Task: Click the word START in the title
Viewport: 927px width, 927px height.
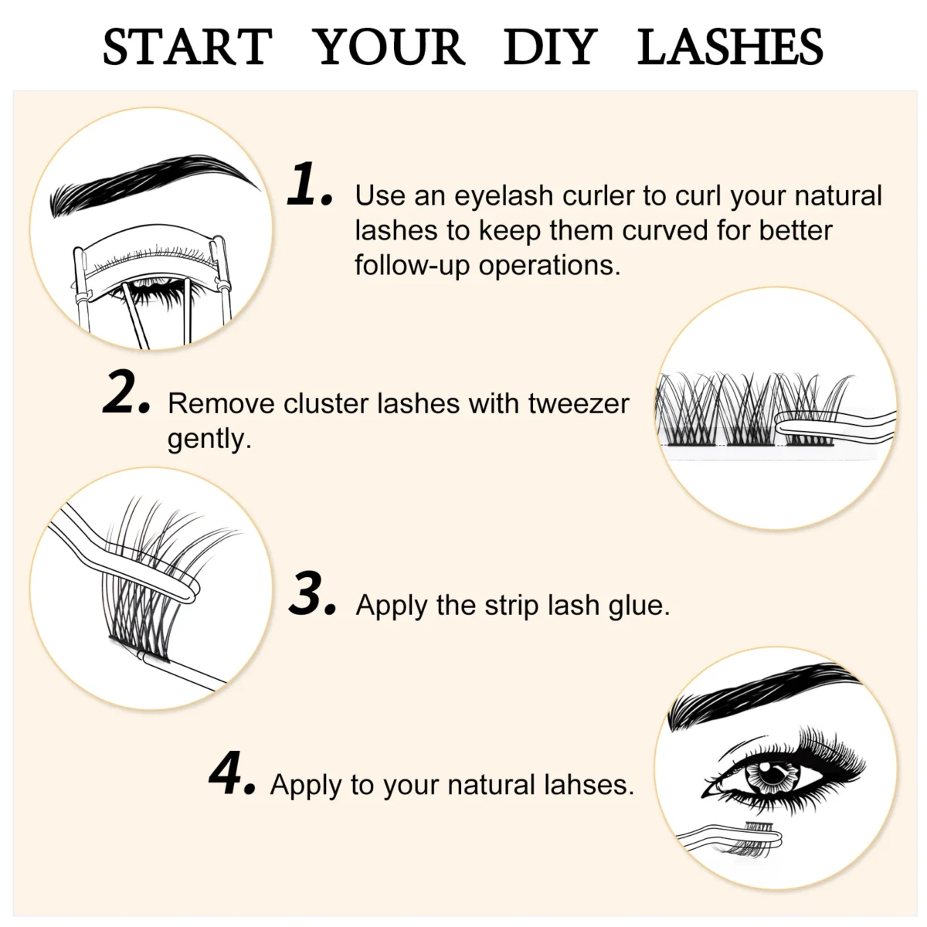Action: pyautogui.click(x=187, y=47)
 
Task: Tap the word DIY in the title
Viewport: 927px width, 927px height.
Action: pyautogui.click(x=550, y=47)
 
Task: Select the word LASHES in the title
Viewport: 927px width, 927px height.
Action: pyautogui.click(x=730, y=47)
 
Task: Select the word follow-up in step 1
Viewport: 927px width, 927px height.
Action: pyautogui.click(x=413, y=266)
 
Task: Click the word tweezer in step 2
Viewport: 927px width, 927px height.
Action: pyautogui.click(x=579, y=403)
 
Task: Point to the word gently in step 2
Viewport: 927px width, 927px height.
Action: pyautogui.click(x=209, y=439)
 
